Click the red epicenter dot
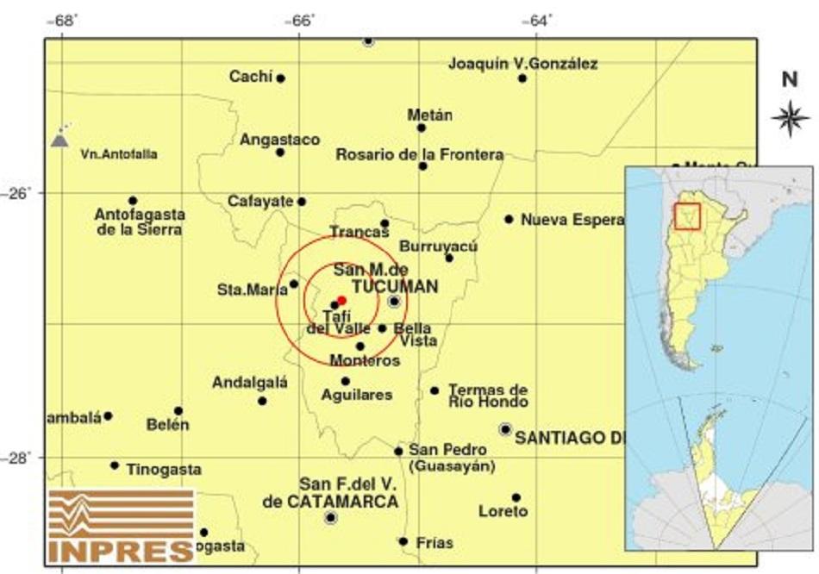341,300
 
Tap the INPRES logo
122,525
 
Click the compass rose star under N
789,119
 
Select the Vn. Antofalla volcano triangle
59,139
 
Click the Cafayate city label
260,201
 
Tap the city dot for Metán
422,128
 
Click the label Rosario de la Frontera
420,154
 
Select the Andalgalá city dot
262,401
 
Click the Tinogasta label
164,470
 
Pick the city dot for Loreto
516,497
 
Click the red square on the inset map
687,215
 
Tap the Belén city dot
178,411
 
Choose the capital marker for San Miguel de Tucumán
394,301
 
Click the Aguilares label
356,395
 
